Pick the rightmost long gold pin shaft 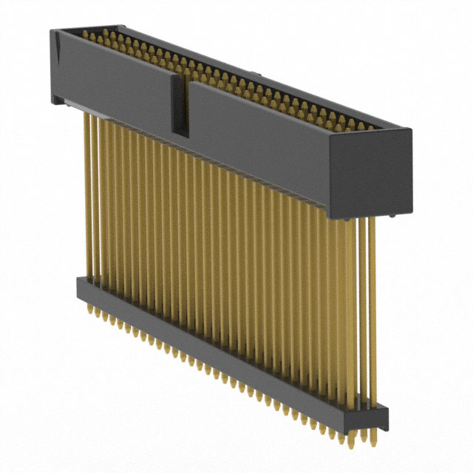click(x=372, y=310)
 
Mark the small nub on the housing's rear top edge click(x=253, y=74)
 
